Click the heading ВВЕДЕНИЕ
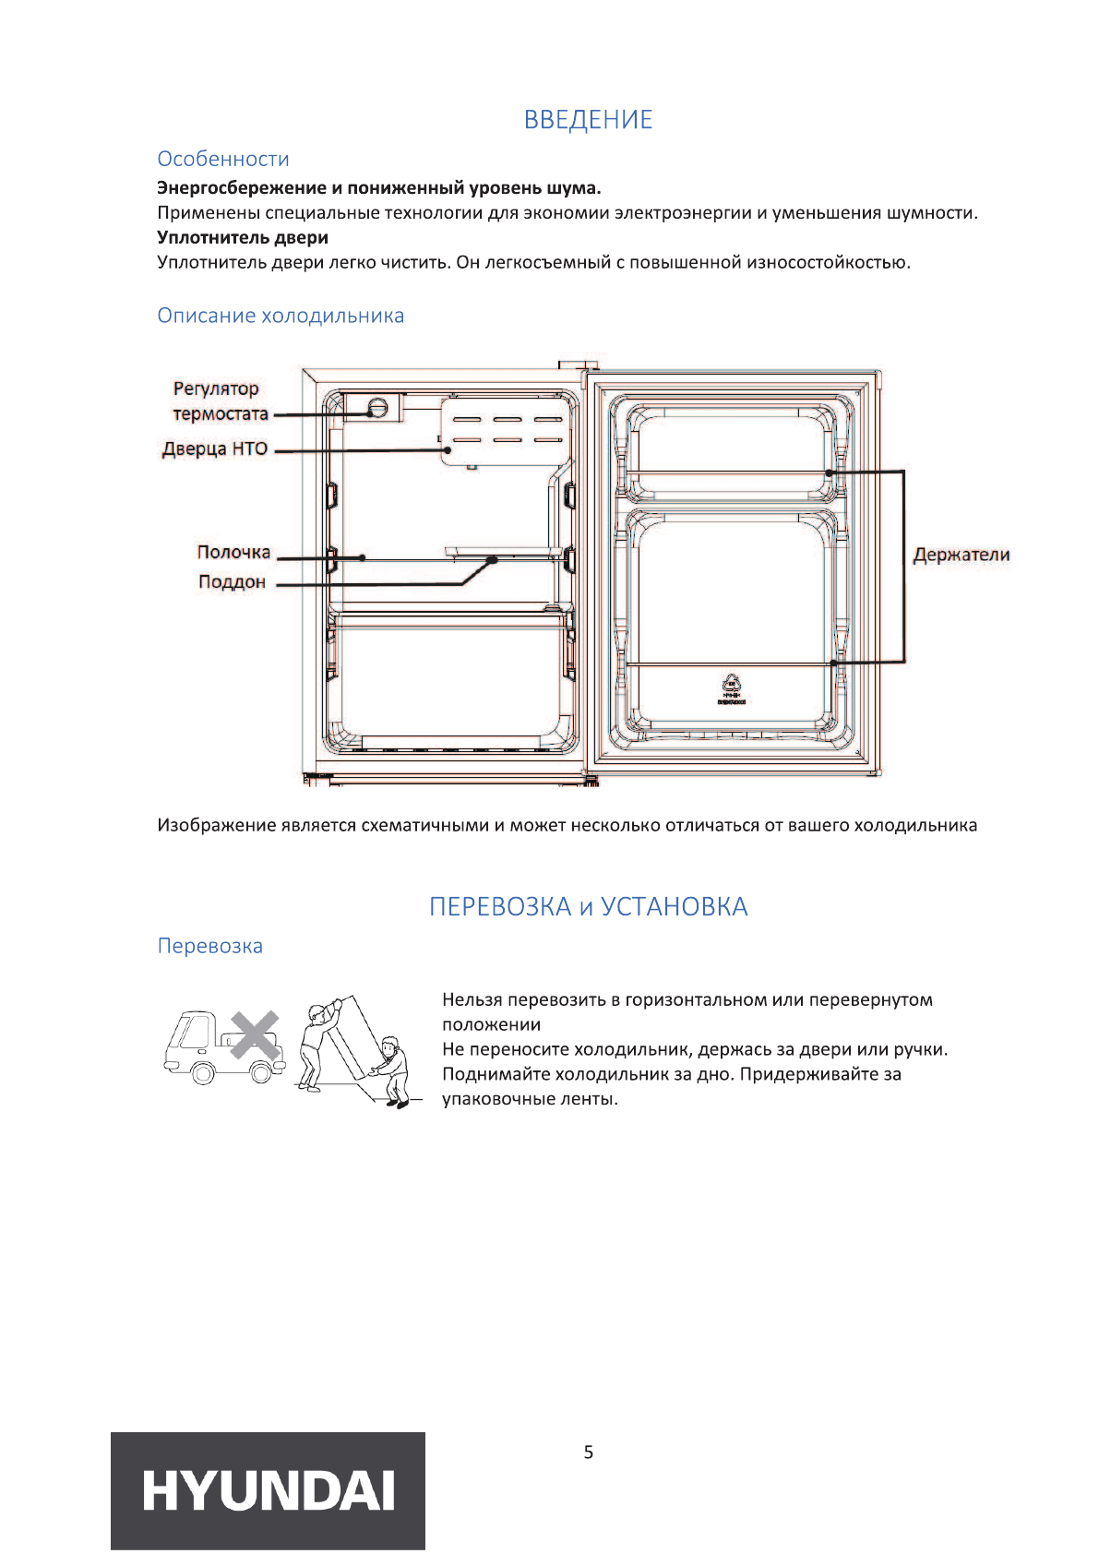point(588,120)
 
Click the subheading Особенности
point(222,159)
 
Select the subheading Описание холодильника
point(281,316)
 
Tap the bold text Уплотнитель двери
point(243,237)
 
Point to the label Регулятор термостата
point(220,401)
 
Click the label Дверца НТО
point(215,449)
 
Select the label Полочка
point(233,552)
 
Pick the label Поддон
point(232,582)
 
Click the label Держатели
point(961,555)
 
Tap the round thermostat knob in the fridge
point(376,408)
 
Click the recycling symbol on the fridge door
point(732,684)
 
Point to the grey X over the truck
point(255,1034)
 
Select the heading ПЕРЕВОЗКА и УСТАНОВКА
point(588,907)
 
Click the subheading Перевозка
point(209,946)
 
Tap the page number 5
point(589,1452)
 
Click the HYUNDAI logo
point(268,1490)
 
